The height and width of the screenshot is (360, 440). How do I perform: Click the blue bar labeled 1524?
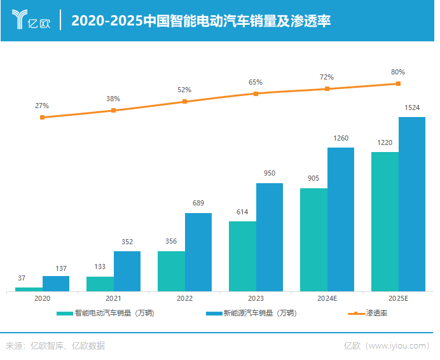(x=412, y=204)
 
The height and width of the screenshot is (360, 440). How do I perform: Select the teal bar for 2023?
(x=242, y=256)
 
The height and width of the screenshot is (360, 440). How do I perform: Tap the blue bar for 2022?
(x=198, y=252)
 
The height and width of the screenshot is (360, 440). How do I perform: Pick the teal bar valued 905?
(x=313, y=240)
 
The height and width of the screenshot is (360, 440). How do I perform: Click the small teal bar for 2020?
(x=29, y=289)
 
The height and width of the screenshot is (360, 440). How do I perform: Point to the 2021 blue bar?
(x=127, y=271)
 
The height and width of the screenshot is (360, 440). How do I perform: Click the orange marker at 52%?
(x=184, y=101)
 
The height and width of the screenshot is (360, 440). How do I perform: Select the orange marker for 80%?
(x=398, y=83)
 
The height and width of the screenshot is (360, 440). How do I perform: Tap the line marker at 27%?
(x=42, y=117)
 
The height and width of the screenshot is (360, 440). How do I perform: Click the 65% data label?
(x=256, y=82)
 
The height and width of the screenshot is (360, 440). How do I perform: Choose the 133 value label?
(x=100, y=267)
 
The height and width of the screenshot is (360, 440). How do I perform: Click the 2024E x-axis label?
(x=327, y=298)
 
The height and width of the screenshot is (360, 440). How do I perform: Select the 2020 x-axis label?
(x=42, y=298)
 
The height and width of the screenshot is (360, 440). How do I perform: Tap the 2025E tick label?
(x=398, y=298)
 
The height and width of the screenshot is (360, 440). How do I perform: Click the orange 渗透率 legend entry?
(x=369, y=313)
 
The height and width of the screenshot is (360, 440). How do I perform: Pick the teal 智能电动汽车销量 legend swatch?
(x=65, y=313)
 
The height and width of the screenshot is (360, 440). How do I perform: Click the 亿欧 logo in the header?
(x=31, y=20)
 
